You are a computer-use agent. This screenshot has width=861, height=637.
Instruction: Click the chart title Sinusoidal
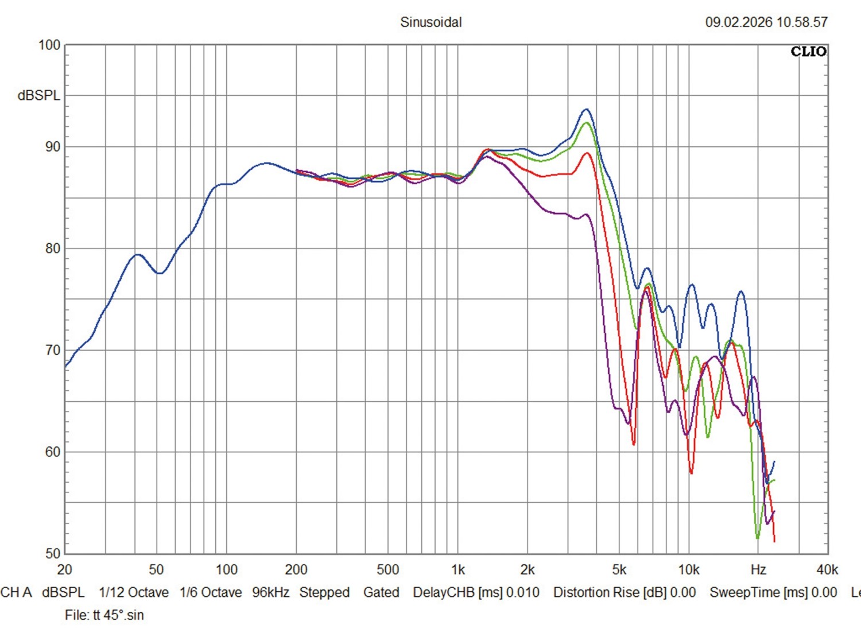[x=430, y=22]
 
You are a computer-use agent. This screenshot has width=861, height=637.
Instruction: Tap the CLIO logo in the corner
[x=808, y=52]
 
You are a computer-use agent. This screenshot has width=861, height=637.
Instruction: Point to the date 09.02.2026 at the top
[x=739, y=22]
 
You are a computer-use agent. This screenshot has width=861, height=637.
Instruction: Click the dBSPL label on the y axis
[x=38, y=96]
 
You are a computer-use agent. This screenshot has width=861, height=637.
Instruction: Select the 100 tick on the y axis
[x=49, y=45]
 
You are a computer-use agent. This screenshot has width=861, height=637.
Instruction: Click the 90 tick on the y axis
[x=52, y=147]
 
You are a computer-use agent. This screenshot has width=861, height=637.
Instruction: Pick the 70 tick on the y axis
[x=52, y=350]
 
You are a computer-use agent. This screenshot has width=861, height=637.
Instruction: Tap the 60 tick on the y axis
[x=52, y=452]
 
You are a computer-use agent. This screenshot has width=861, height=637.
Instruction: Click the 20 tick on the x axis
[x=64, y=570]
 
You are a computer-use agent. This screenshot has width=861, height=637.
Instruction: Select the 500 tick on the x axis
[x=387, y=570]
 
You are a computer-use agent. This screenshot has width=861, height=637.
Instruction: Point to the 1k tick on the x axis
[x=457, y=570]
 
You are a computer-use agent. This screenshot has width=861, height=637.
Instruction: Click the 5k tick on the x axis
[x=619, y=570]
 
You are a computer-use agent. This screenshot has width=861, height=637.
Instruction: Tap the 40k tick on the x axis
[x=827, y=570]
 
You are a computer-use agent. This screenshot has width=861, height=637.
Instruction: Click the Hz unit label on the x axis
[x=758, y=570]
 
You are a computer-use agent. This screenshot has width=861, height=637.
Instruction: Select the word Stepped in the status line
[x=324, y=592]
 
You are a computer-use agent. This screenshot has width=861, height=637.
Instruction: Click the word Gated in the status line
[x=381, y=592]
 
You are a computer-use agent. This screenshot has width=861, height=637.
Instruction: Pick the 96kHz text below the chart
[x=270, y=592]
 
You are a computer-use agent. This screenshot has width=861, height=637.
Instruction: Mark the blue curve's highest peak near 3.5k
[x=586, y=109]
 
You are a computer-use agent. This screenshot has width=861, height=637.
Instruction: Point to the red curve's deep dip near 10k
[x=691, y=473]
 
